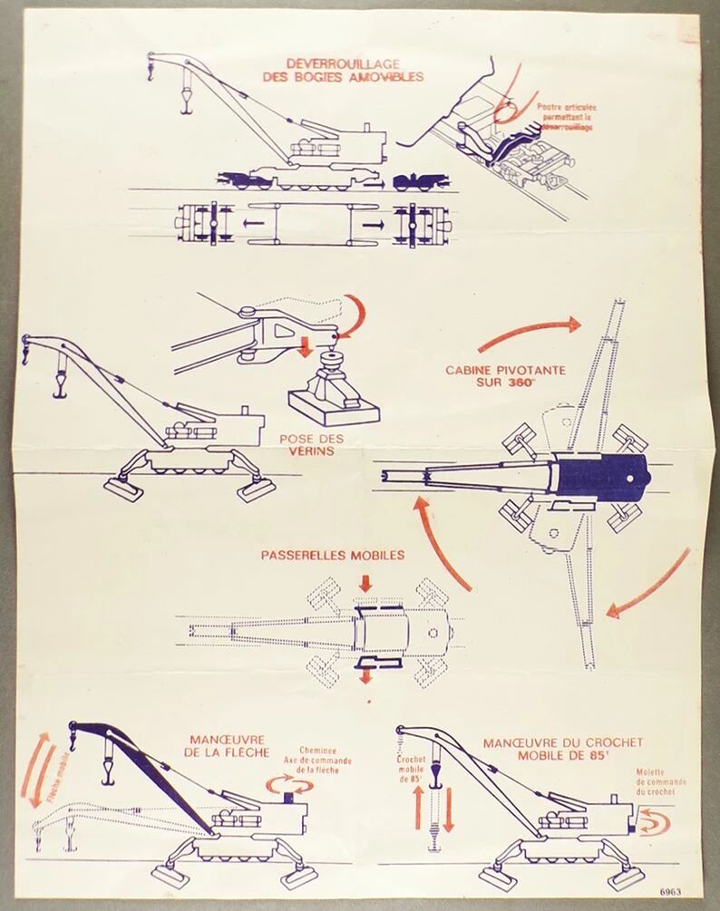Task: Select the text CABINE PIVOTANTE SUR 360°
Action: click(x=505, y=376)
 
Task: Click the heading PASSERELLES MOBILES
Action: click(x=333, y=555)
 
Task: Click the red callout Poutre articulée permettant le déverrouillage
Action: click(x=565, y=117)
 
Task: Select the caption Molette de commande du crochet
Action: click(x=661, y=781)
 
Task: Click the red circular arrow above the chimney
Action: click(x=287, y=783)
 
